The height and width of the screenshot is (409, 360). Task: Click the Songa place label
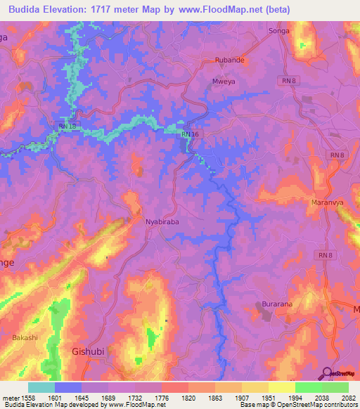pos(280,32)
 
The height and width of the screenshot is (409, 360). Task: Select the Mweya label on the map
pos(223,82)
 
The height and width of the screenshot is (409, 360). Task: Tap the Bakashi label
pos(25,338)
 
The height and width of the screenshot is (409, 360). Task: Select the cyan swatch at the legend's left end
pos(41,387)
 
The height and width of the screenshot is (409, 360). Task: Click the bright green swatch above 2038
pos(308,387)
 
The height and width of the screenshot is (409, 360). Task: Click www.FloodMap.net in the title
pos(226,8)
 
